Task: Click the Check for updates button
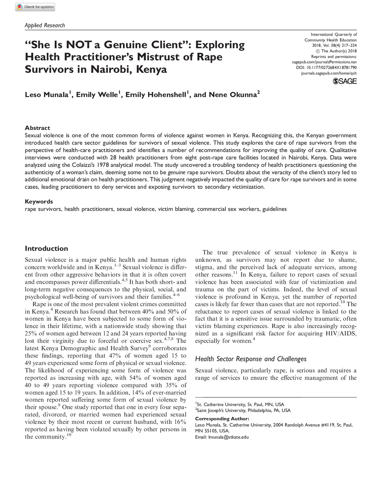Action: (x=35, y=7)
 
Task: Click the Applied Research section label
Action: (x=45, y=25)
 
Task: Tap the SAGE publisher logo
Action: (x=345, y=81)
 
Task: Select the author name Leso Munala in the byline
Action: (x=47, y=95)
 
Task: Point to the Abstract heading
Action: (x=37, y=128)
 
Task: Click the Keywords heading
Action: (x=39, y=201)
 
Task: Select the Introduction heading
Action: (x=46, y=249)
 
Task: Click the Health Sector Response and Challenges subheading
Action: (x=251, y=359)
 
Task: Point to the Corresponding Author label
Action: (x=222, y=419)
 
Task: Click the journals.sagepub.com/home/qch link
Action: (x=329, y=73)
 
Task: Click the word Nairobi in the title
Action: (x=110, y=69)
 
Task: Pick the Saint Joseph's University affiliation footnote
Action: (x=243, y=410)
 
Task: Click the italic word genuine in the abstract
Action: (x=176, y=173)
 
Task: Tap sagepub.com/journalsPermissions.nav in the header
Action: (x=324, y=62)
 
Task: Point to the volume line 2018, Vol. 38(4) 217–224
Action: (x=334, y=45)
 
